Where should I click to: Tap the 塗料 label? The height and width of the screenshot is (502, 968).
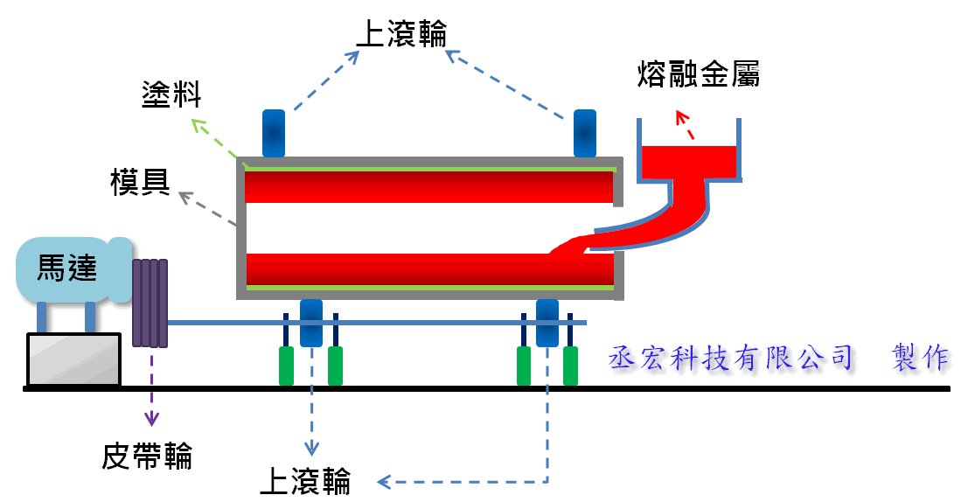pyautogui.click(x=171, y=94)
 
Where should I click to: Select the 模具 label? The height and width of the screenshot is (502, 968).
pyautogui.click(x=140, y=181)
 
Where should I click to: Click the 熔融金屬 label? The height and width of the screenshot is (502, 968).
pyautogui.click(x=698, y=74)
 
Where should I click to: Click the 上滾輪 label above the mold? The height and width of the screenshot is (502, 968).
pyautogui.click(x=401, y=33)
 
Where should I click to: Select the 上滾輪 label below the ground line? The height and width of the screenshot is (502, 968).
pyautogui.click(x=306, y=480)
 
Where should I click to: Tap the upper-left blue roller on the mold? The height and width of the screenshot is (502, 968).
pyautogui.click(x=274, y=131)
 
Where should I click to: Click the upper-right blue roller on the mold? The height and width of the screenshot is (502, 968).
pyautogui.click(x=584, y=131)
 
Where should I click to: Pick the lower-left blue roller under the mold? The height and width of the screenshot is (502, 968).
pyautogui.click(x=311, y=322)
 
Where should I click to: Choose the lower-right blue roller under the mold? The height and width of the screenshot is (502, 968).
pyautogui.click(x=547, y=322)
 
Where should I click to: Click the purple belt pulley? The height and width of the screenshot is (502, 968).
pyautogui.click(x=150, y=303)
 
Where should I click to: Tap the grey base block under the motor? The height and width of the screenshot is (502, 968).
pyautogui.click(x=73, y=359)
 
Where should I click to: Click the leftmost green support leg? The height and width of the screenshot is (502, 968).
pyautogui.click(x=286, y=366)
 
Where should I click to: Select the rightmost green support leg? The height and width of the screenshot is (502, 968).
pyautogui.click(x=570, y=366)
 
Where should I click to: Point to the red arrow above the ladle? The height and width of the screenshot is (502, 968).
pyautogui.click(x=686, y=125)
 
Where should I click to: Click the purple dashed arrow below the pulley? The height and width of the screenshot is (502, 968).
pyautogui.click(x=152, y=385)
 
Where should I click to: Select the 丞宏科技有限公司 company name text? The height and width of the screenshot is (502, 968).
pyautogui.click(x=730, y=358)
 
